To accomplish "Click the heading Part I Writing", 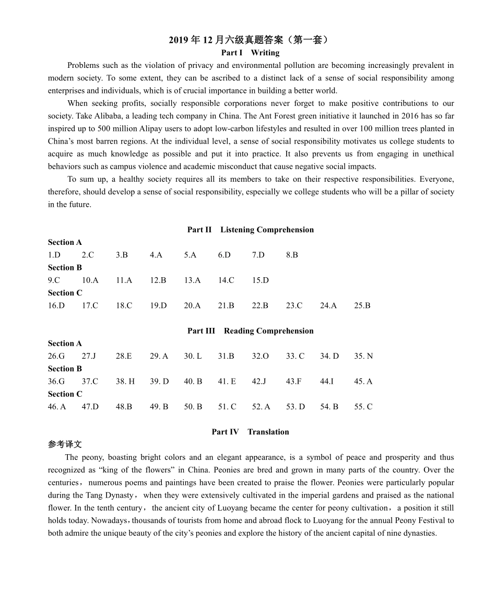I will pyautogui.click(x=250, y=53).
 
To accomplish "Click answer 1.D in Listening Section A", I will pyautogui.click(x=54, y=255).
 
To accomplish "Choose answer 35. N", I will pyautogui.click(x=363, y=356).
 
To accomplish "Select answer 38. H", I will pyautogui.click(x=125, y=382).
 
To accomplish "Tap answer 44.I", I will pyautogui.click(x=327, y=382).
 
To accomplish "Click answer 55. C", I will pyautogui.click(x=363, y=407).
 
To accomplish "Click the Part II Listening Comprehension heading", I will pyautogui.click(x=251, y=230).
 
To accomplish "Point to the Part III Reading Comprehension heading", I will pyautogui.click(x=251, y=331).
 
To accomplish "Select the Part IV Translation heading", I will pyautogui.click(x=250, y=432).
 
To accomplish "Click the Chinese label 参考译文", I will pyautogui.click(x=65, y=445).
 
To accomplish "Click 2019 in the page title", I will pyautogui.click(x=179, y=40).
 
